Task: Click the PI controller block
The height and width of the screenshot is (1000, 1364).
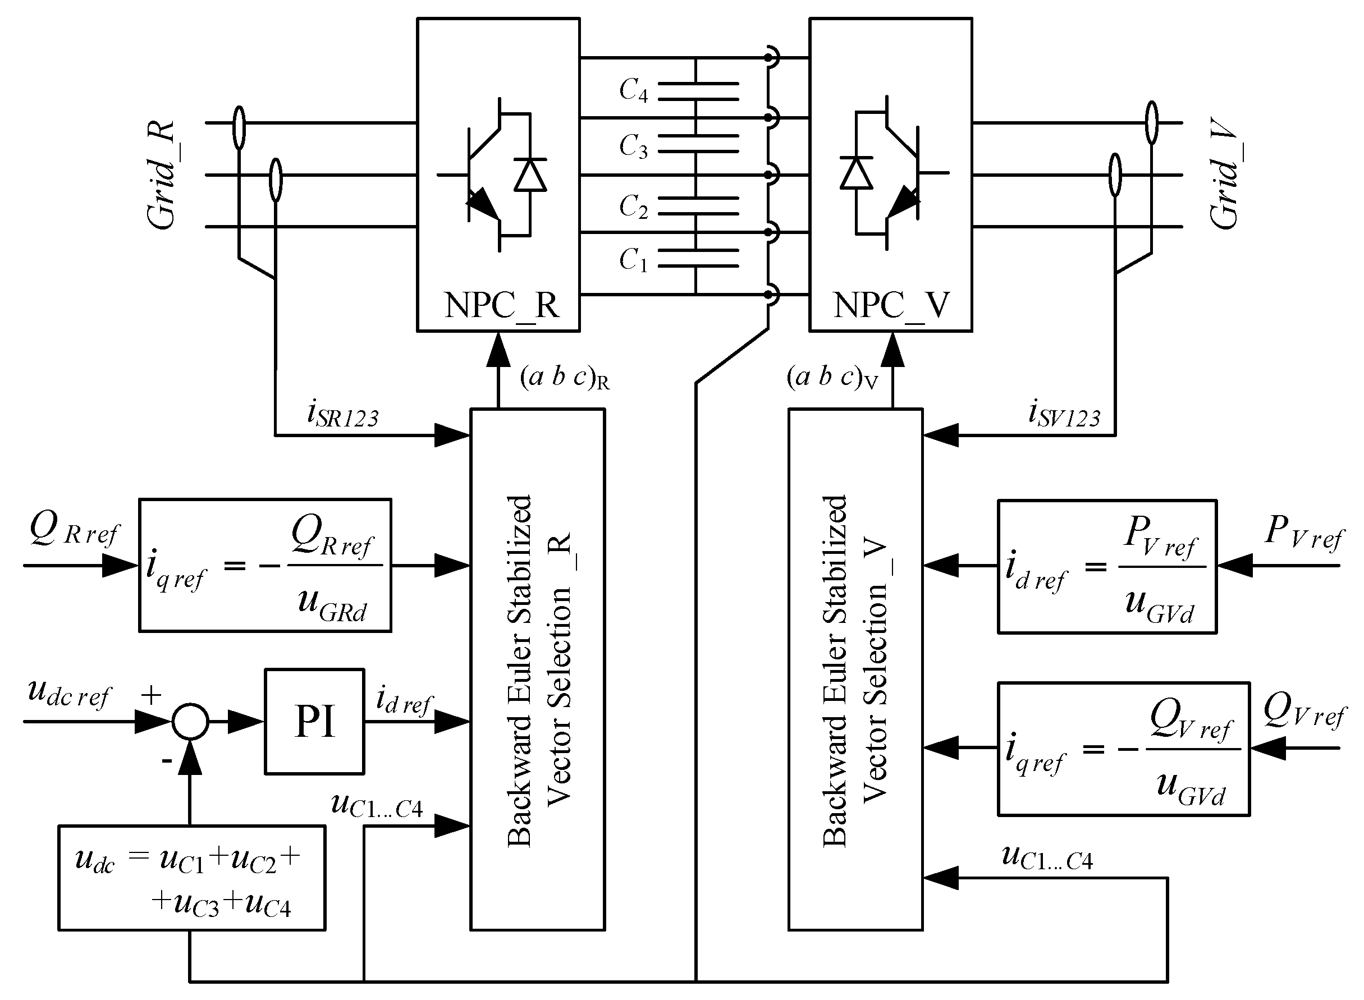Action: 314,721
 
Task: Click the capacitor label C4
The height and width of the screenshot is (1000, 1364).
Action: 633,90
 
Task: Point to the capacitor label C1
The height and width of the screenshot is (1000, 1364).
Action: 633,260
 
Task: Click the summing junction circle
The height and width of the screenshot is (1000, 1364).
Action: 190,721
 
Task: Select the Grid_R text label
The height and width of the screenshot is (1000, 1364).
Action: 162,175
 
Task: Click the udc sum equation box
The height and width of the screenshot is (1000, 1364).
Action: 191,877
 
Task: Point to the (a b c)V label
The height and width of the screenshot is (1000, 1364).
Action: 831,378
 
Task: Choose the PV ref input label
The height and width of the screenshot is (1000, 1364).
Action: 1304,531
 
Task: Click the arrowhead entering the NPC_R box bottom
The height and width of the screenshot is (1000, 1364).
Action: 498,350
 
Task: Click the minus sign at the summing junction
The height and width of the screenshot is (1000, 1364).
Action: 167,760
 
